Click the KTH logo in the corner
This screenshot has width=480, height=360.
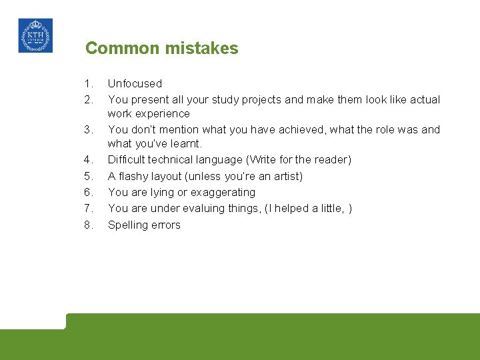(35, 35)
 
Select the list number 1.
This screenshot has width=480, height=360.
(89, 84)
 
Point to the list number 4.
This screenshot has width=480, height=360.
(89, 160)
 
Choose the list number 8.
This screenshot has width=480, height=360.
(89, 225)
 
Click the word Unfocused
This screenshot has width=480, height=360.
(135, 84)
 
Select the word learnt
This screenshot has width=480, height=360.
(186, 144)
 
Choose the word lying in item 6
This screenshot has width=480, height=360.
(178, 193)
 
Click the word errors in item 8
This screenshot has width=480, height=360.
(165, 225)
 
